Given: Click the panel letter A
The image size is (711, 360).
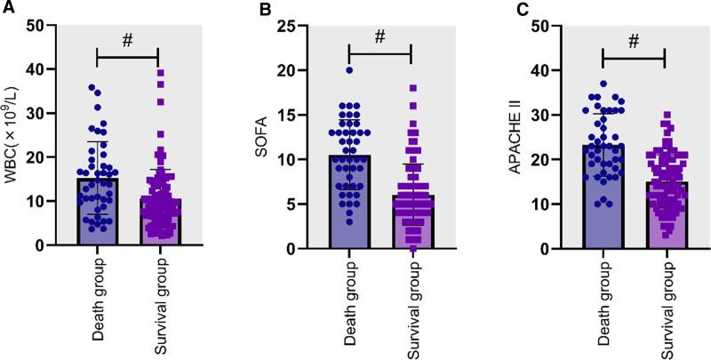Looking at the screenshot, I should (8, 10).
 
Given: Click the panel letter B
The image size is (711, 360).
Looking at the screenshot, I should (262, 10).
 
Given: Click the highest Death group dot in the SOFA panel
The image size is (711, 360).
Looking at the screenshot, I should (349, 69).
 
